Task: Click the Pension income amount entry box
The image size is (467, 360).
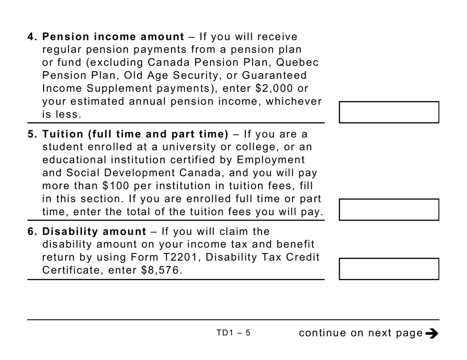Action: point(389,112)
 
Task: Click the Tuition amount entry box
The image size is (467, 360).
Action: point(389,209)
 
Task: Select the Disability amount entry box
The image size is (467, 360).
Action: point(389,269)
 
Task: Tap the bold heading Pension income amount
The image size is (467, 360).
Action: point(113,37)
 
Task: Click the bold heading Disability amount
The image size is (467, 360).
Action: point(94,231)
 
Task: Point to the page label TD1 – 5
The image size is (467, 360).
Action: point(233,332)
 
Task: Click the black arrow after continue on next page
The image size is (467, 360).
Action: point(432,333)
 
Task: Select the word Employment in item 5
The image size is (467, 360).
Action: point(271,160)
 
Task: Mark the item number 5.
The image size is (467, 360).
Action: point(31,134)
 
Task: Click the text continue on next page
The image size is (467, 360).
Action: point(361,333)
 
